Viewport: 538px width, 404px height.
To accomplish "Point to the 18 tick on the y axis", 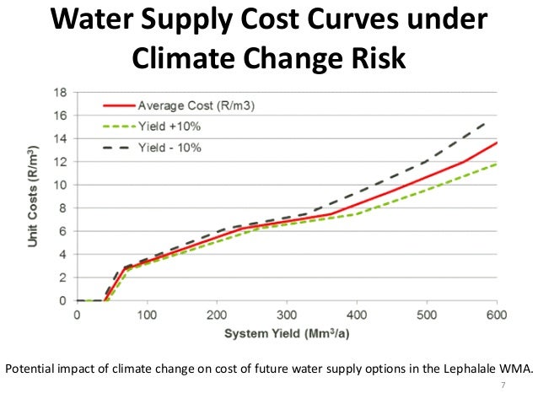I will tap(62, 91).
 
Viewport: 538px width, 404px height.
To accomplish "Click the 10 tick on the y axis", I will tap(62, 185).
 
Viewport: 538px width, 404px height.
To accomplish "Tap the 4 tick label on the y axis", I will tap(64, 255).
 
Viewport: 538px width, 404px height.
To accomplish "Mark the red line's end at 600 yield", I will tap(497, 143).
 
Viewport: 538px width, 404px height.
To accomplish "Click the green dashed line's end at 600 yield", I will tap(497, 164).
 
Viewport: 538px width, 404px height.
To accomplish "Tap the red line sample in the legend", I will tap(118, 105).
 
